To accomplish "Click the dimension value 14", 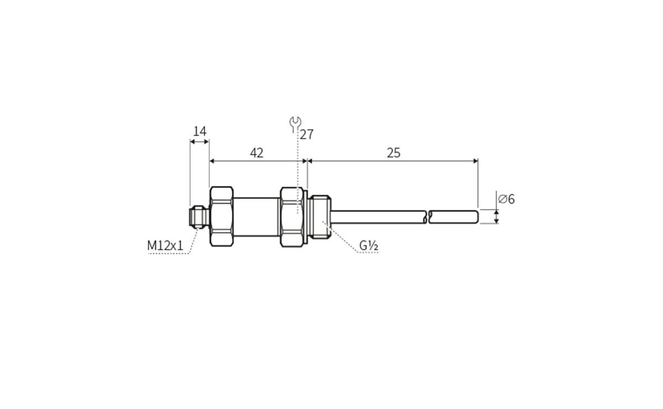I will pos(199,131).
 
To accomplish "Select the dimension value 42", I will pos(256,153).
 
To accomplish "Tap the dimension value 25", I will pos(393,153).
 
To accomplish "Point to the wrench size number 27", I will pos(307,134).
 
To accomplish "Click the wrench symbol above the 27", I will pos(296,122).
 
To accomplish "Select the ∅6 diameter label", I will pos(506,199).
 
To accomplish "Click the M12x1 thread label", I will pos(165,246).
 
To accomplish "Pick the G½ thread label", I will pos(369,246).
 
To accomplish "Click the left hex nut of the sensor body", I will pos(222,216).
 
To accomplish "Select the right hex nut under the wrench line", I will pos(292,216).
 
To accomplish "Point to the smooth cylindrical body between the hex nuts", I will pos(257,216).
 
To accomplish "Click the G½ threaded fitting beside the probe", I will pos(319,216).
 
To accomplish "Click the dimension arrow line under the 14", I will pos(199,142).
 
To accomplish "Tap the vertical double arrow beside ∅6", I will pos(496,216).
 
